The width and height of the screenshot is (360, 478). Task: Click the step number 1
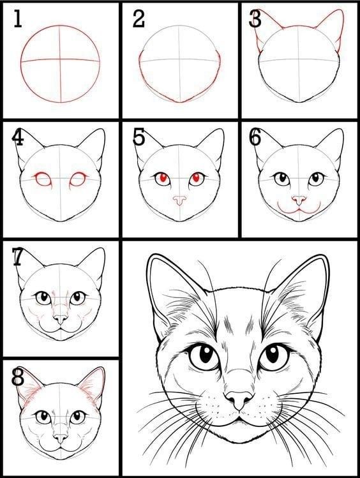(x=17, y=20)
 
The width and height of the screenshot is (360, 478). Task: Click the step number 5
(x=139, y=138)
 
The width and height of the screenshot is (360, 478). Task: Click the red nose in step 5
(x=179, y=200)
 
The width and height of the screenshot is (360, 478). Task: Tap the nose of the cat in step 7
(x=60, y=318)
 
